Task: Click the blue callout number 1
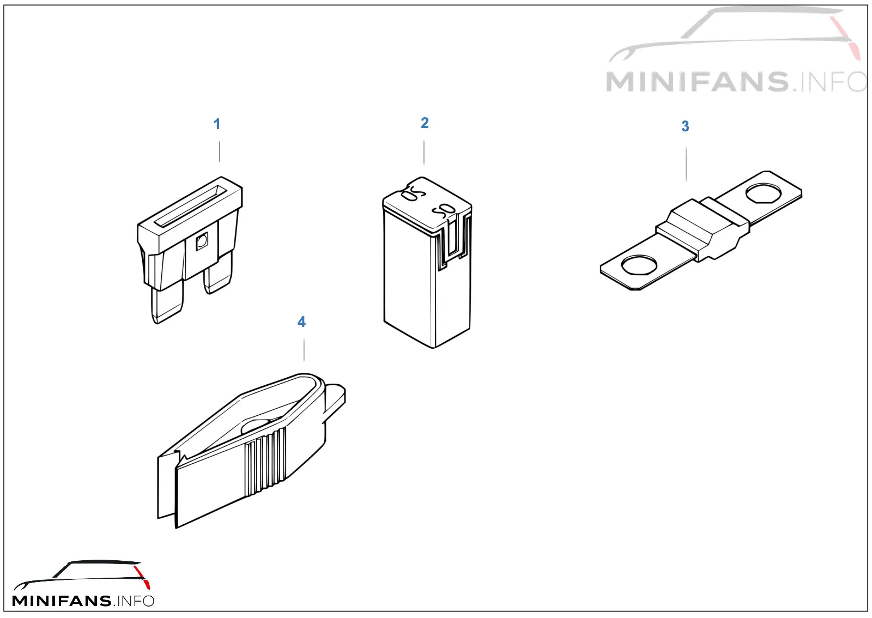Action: point(217,124)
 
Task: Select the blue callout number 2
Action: point(425,123)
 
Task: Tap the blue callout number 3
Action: point(685,126)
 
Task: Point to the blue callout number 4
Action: point(302,322)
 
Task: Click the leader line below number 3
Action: point(686,164)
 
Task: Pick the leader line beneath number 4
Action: point(304,350)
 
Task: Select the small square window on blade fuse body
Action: point(202,241)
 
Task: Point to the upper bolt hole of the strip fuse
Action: point(763,193)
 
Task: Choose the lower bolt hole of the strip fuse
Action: point(639,265)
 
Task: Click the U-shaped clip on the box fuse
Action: point(452,241)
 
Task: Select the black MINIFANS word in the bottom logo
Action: point(62,601)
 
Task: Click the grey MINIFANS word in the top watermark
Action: point(697,82)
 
